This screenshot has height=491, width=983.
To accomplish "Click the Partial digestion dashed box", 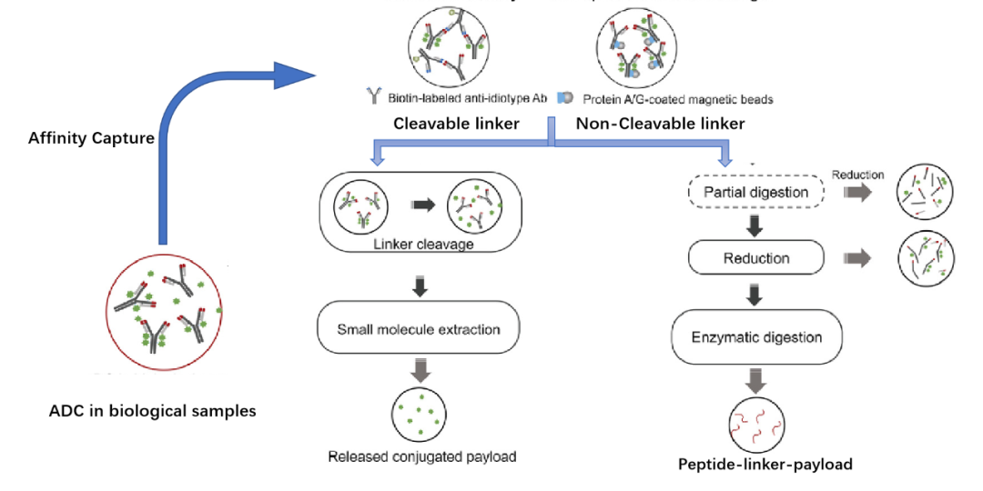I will point(756,193).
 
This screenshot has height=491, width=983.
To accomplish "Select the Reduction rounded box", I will point(755,258).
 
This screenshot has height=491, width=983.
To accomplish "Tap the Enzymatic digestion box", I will point(756,337).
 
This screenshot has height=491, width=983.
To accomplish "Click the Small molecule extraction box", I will point(419,329).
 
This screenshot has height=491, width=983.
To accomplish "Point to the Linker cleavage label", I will point(419,245).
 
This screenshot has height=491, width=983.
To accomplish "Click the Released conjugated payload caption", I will point(421,456).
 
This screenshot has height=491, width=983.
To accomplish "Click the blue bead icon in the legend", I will point(565,97).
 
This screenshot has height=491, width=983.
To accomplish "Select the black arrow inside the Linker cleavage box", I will point(421,205).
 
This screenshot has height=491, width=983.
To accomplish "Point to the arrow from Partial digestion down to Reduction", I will point(755,225).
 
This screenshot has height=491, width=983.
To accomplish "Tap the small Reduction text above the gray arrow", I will point(857,175).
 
